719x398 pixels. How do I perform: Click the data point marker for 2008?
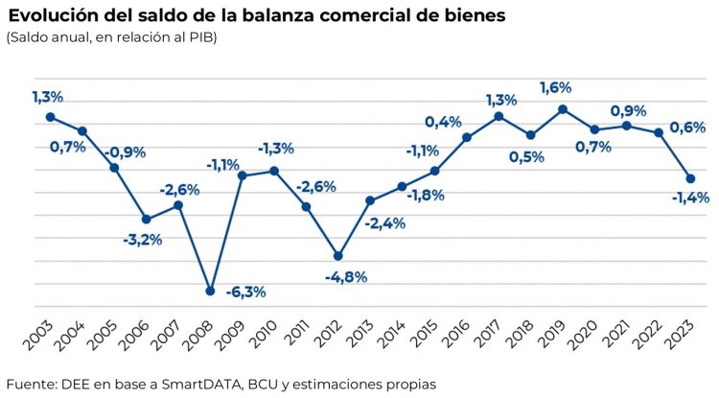click(x=210, y=291)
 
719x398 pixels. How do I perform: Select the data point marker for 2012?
click(x=338, y=256)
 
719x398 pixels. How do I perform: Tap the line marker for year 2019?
click(x=563, y=109)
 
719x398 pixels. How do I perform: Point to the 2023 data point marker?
click(x=690, y=178)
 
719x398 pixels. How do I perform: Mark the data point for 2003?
click(x=50, y=117)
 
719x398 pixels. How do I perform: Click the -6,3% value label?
click(x=244, y=292)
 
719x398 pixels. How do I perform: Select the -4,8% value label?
click(x=346, y=276)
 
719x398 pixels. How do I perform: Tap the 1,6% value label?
click(x=556, y=87)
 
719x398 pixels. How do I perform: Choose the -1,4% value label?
click(x=689, y=198)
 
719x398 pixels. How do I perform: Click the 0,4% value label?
click(x=443, y=122)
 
